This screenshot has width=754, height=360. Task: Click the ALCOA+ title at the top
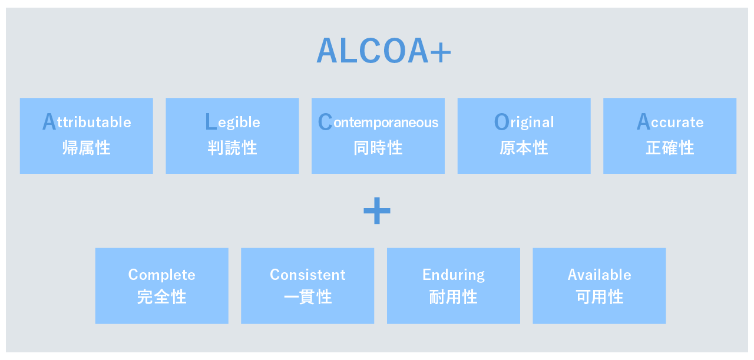[x=383, y=51]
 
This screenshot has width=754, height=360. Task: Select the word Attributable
[x=87, y=121]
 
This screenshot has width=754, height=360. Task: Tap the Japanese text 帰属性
[x=87, y=148]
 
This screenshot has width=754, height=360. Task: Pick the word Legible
[x=233, y=122]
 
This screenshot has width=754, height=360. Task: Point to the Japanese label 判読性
[x=233, y=148]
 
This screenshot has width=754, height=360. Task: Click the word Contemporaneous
[x=378, y=121]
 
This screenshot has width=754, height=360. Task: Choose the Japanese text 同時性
[x=378, y=148]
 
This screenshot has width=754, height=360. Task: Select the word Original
[x=524, y=122]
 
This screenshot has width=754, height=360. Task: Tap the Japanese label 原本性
[x=524, y=148]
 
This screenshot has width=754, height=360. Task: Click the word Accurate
[x=670, y=121]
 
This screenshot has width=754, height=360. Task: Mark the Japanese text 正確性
[x=670, y=148]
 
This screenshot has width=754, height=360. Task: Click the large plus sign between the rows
[x=377, y=211]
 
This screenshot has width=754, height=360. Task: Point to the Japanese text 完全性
[x=162, y=297]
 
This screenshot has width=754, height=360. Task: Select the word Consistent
[x=307, y=275]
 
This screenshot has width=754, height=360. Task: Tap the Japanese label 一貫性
[x=307, y=297]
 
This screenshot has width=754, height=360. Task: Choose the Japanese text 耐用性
[x=454, y=297]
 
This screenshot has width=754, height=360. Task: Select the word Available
[x=599, y=275]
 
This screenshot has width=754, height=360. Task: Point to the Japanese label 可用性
[x=599, y=297]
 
